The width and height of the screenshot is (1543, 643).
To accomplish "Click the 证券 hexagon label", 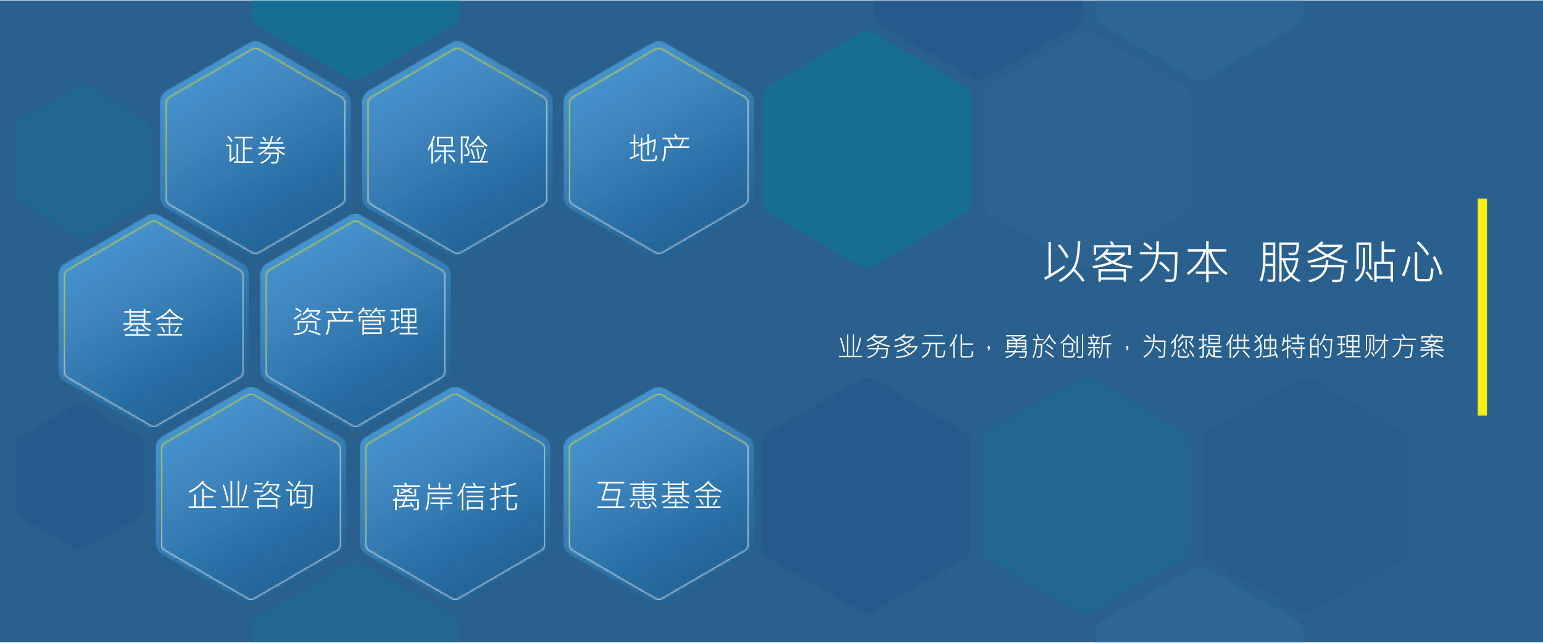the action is point(256,150).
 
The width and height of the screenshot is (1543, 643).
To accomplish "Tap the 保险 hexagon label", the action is point(457,150).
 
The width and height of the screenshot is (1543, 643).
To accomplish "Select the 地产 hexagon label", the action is point(659,148).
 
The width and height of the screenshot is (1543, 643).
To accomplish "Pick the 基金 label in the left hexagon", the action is point(153,323).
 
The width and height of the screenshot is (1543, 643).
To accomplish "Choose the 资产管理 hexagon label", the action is point(356,321).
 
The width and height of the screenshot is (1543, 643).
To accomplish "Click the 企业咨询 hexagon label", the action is point(251,495).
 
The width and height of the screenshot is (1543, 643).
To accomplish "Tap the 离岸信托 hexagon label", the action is point(455,497).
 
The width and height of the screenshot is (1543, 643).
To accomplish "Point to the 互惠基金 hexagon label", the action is point(659,495).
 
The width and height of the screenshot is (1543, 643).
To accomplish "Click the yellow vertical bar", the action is point(1482,307).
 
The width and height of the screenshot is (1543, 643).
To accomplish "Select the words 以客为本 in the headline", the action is point(1136,262).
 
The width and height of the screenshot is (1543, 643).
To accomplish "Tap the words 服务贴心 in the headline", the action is point(1350,262).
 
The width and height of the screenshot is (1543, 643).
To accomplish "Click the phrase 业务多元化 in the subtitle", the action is point(906,347).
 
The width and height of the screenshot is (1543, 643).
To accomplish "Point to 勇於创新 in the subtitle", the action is point(1058,347).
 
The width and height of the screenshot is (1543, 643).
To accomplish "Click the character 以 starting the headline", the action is point(1064,262).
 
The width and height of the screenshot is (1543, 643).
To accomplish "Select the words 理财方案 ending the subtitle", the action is point(1391,347).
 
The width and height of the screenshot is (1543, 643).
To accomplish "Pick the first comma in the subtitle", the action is point(989,350).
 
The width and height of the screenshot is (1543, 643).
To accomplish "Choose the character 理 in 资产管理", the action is point(404,321).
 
